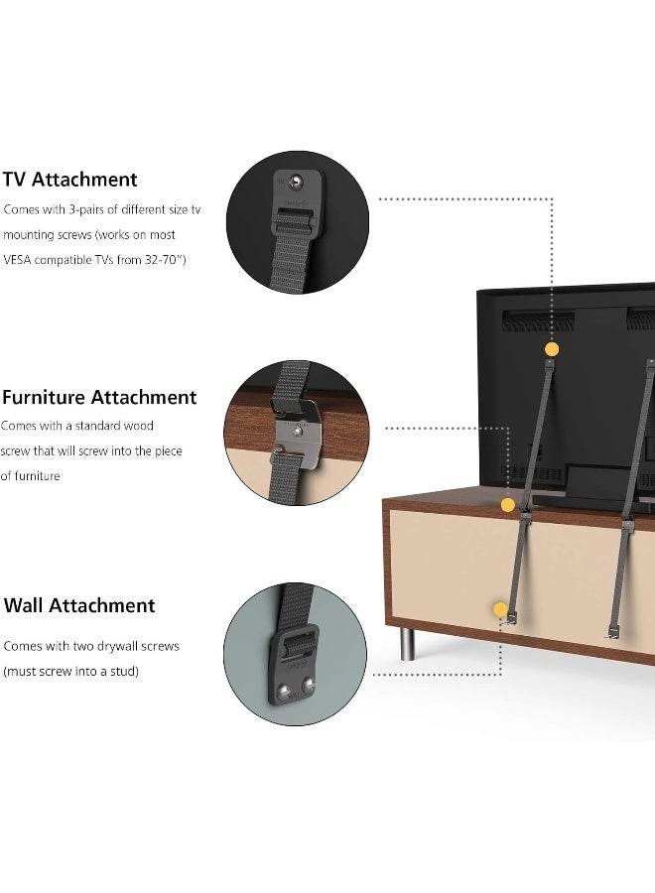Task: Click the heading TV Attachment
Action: click(69, 180)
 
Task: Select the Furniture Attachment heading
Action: click(99, 398)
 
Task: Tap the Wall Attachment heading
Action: click(79, 605)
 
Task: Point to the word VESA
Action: click(20, 260)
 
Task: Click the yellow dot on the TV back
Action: click(552, 349)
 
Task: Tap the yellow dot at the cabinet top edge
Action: click(508, 505)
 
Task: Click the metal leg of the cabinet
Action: click(408, 641)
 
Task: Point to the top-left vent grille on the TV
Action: click(537, 320)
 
